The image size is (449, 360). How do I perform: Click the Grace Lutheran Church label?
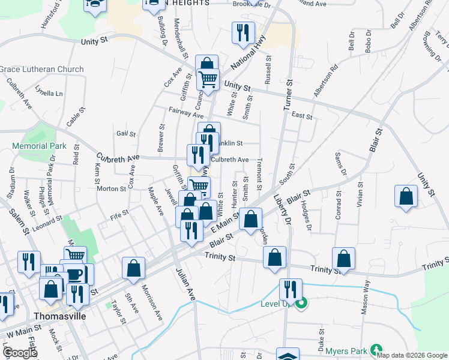click(42, 70)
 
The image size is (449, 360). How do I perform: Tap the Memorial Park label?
click(39, 146)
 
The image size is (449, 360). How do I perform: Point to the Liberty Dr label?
click(282, 209)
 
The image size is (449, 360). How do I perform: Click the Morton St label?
click(112, 188)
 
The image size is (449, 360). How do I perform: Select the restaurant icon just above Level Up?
click(290, 289)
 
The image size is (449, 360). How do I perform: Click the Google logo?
click(20, 353)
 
